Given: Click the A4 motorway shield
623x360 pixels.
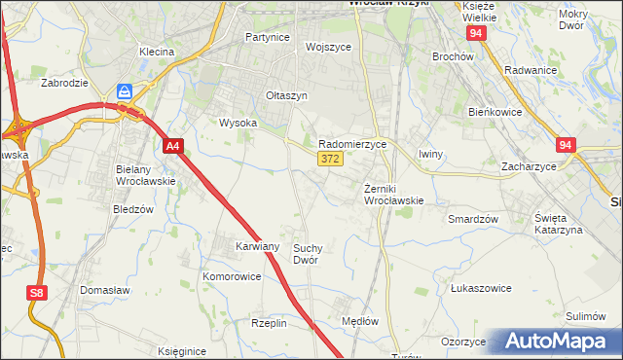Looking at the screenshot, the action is [x=172, y=147].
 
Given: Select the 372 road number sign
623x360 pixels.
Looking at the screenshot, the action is [x=329, y=159].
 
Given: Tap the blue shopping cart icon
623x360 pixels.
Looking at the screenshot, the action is [x=125, y=91].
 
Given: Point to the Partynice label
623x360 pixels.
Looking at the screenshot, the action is [x=268, y=37].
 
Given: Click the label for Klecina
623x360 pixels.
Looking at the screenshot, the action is [x=156, y=52].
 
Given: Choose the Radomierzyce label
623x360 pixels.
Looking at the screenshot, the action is [x=352, y=143].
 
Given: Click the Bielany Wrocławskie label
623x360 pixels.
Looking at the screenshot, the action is [x=144, y=175].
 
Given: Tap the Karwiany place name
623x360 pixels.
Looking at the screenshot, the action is [x=258, y=247].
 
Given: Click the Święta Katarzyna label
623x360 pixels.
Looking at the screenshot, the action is [x=557, y=223].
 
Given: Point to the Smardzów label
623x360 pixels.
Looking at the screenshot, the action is [x=472, y=219].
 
